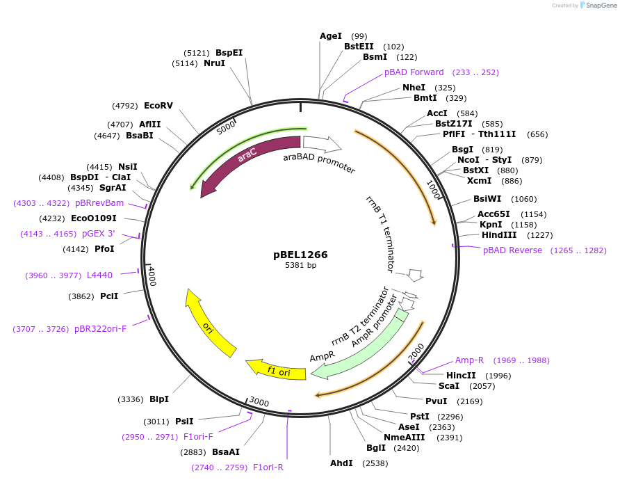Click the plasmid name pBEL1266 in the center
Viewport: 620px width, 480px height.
pos(300,255)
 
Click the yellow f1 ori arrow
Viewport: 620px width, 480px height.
pos(278,370)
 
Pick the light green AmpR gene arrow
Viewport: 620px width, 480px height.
pos(361,348)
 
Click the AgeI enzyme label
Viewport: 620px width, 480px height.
pos(331,36)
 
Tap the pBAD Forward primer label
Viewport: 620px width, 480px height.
pos(414,72)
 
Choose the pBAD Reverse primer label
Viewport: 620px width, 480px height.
pos(512,250)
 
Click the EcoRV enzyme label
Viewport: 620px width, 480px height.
pos(158,106)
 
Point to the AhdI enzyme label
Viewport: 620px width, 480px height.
pos(341,463)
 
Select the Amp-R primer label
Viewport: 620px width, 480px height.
pos(469,360)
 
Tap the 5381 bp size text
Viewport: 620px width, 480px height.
pos(300,265)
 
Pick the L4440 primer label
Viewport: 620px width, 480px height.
pos(99,275)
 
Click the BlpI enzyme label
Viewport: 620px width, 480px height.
pos(159,399)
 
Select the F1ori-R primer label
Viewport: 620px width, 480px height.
pos(268,467)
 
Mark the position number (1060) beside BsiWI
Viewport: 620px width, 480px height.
pos(524,199)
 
